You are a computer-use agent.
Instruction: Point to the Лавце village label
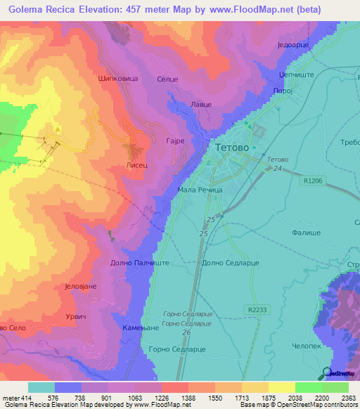click(x=202, y=104)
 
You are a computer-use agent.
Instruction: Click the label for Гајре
click(x=174, y=141)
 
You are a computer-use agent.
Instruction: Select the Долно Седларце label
click(x=231, y=262)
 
